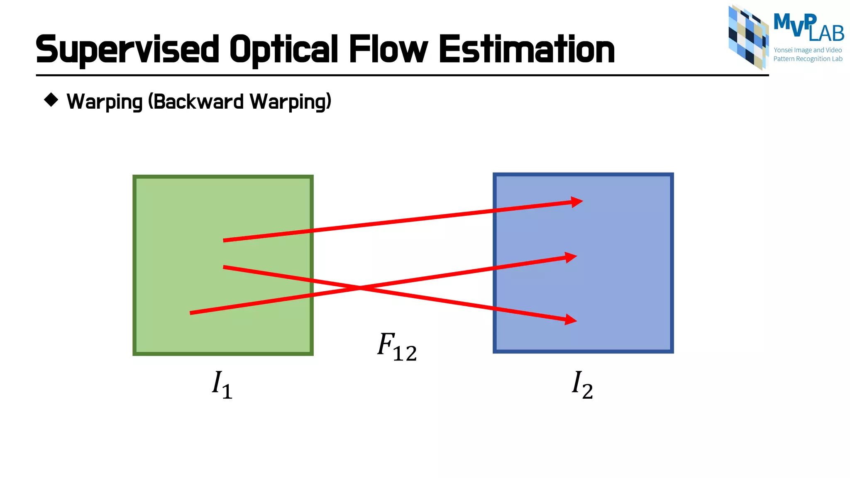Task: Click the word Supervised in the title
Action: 127,50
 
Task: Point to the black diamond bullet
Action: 51,100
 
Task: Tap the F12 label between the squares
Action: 397,347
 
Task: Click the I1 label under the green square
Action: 222,384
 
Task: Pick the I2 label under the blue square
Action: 582,384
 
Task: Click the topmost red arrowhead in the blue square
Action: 577,202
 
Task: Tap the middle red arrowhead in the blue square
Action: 571,258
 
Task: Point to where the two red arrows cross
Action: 359,287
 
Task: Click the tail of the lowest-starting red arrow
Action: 191,313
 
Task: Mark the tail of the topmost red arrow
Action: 224,240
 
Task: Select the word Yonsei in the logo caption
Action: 783,50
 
